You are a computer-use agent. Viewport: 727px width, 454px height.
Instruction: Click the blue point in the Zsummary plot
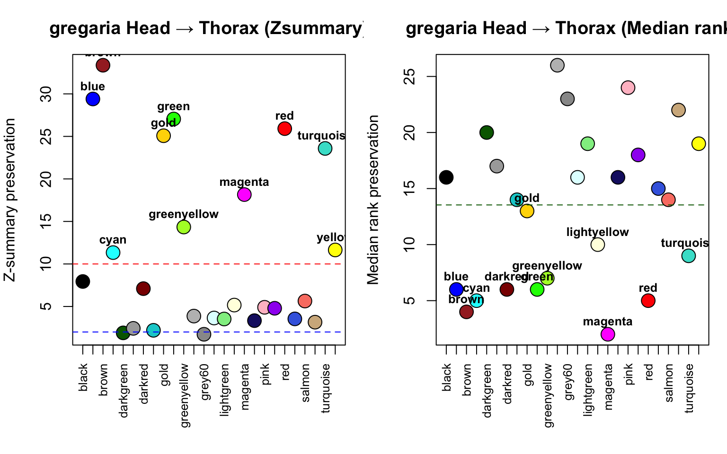pyautogui.click(x=93, y=99)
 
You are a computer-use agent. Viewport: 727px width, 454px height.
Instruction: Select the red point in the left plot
pyautogui.click(x=284, y=128)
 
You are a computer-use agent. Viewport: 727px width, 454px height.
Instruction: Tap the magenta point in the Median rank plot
pyautogui.click(x=608, y=334)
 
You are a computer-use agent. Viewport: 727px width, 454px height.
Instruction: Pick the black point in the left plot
pyautogui.click(x=83, y=281)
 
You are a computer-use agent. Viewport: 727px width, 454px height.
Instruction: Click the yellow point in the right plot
pyautogui.click(x=699, y=144)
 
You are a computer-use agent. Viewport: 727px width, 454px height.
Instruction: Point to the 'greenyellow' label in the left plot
pyautogui.click(x=184, y=214)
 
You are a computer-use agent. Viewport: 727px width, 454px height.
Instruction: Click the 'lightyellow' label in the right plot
pyautogui.click(x=597, y=232)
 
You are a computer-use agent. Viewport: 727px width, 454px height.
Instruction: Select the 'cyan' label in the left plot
pyautogui.click(x=113, y=240)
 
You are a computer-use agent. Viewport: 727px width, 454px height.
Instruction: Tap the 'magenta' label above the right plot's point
pyautogui.click(x=608, y=322)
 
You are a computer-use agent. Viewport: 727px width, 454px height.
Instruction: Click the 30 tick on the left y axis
pyautogui.click(x=46, y=94)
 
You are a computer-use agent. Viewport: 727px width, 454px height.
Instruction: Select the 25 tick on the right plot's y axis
pyautogui.click(x=410, y=77)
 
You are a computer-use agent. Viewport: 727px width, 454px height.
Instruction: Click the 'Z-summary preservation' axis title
pyautogui.click(x=10, y=200)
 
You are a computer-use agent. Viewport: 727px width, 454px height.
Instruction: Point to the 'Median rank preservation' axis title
pyautogui.click(x=373, y=200)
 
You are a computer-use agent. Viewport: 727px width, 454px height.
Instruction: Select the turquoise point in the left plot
pyautogui.click(x=325, y=148)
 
